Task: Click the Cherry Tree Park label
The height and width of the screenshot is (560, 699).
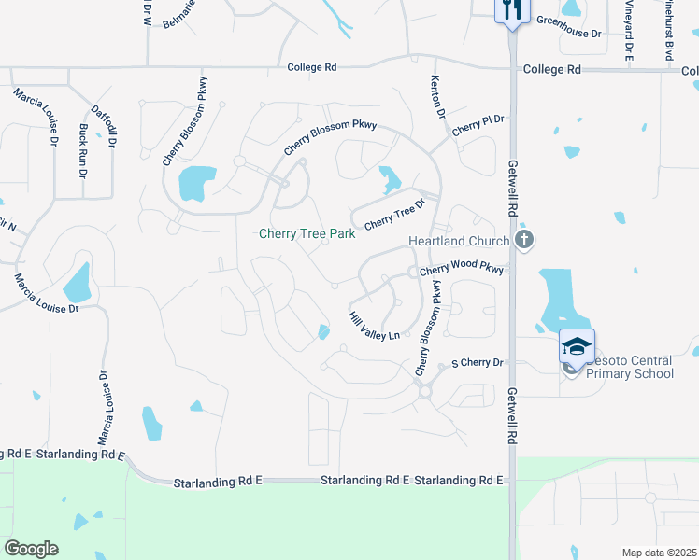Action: point(307,234)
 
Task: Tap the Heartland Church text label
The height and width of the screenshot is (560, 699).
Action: point(459,241)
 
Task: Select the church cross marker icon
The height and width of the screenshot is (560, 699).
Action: point(524,240)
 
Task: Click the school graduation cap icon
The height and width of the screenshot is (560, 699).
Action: point(577,346)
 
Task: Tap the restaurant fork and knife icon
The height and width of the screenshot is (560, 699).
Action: point(511,10)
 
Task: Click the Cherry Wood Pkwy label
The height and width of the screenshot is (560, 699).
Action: point(462,269)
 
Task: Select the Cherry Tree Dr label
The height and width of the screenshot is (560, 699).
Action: point(394,215)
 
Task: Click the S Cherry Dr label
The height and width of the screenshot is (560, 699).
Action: point(477,362)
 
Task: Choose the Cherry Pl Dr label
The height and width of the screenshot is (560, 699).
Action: point(478,126)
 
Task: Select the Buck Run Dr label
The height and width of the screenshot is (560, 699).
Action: point(83,150)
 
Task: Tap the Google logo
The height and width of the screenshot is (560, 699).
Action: point(31,549)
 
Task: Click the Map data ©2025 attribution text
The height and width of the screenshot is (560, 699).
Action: point(659,553)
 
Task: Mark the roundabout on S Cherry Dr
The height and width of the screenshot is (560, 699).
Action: point(425,392)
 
